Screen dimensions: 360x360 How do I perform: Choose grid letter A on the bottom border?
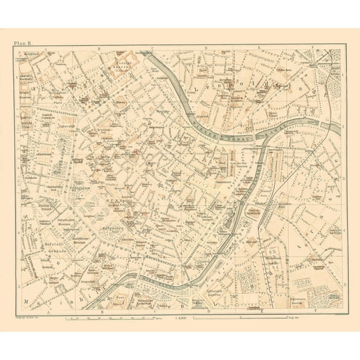(x=48, y=311)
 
